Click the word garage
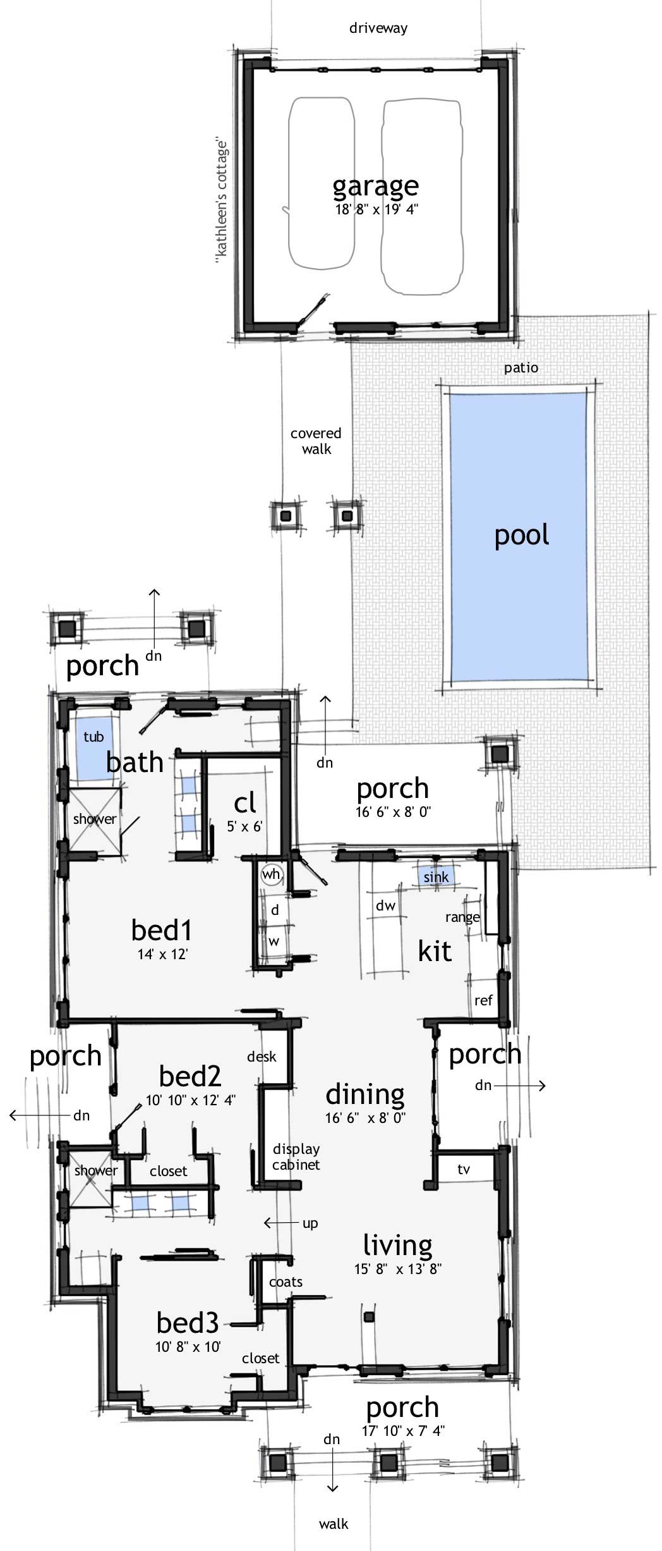375,185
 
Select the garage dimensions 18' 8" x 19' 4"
376,209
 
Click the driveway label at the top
378,28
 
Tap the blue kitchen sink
436,877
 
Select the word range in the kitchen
462,917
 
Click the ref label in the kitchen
483,1000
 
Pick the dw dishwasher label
385,906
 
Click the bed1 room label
162,930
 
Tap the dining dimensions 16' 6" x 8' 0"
365,1118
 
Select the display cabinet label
296,1156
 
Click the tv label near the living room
464,1170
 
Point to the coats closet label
286,1282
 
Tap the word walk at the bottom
334,1524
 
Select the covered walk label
316,441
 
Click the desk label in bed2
262,1057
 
